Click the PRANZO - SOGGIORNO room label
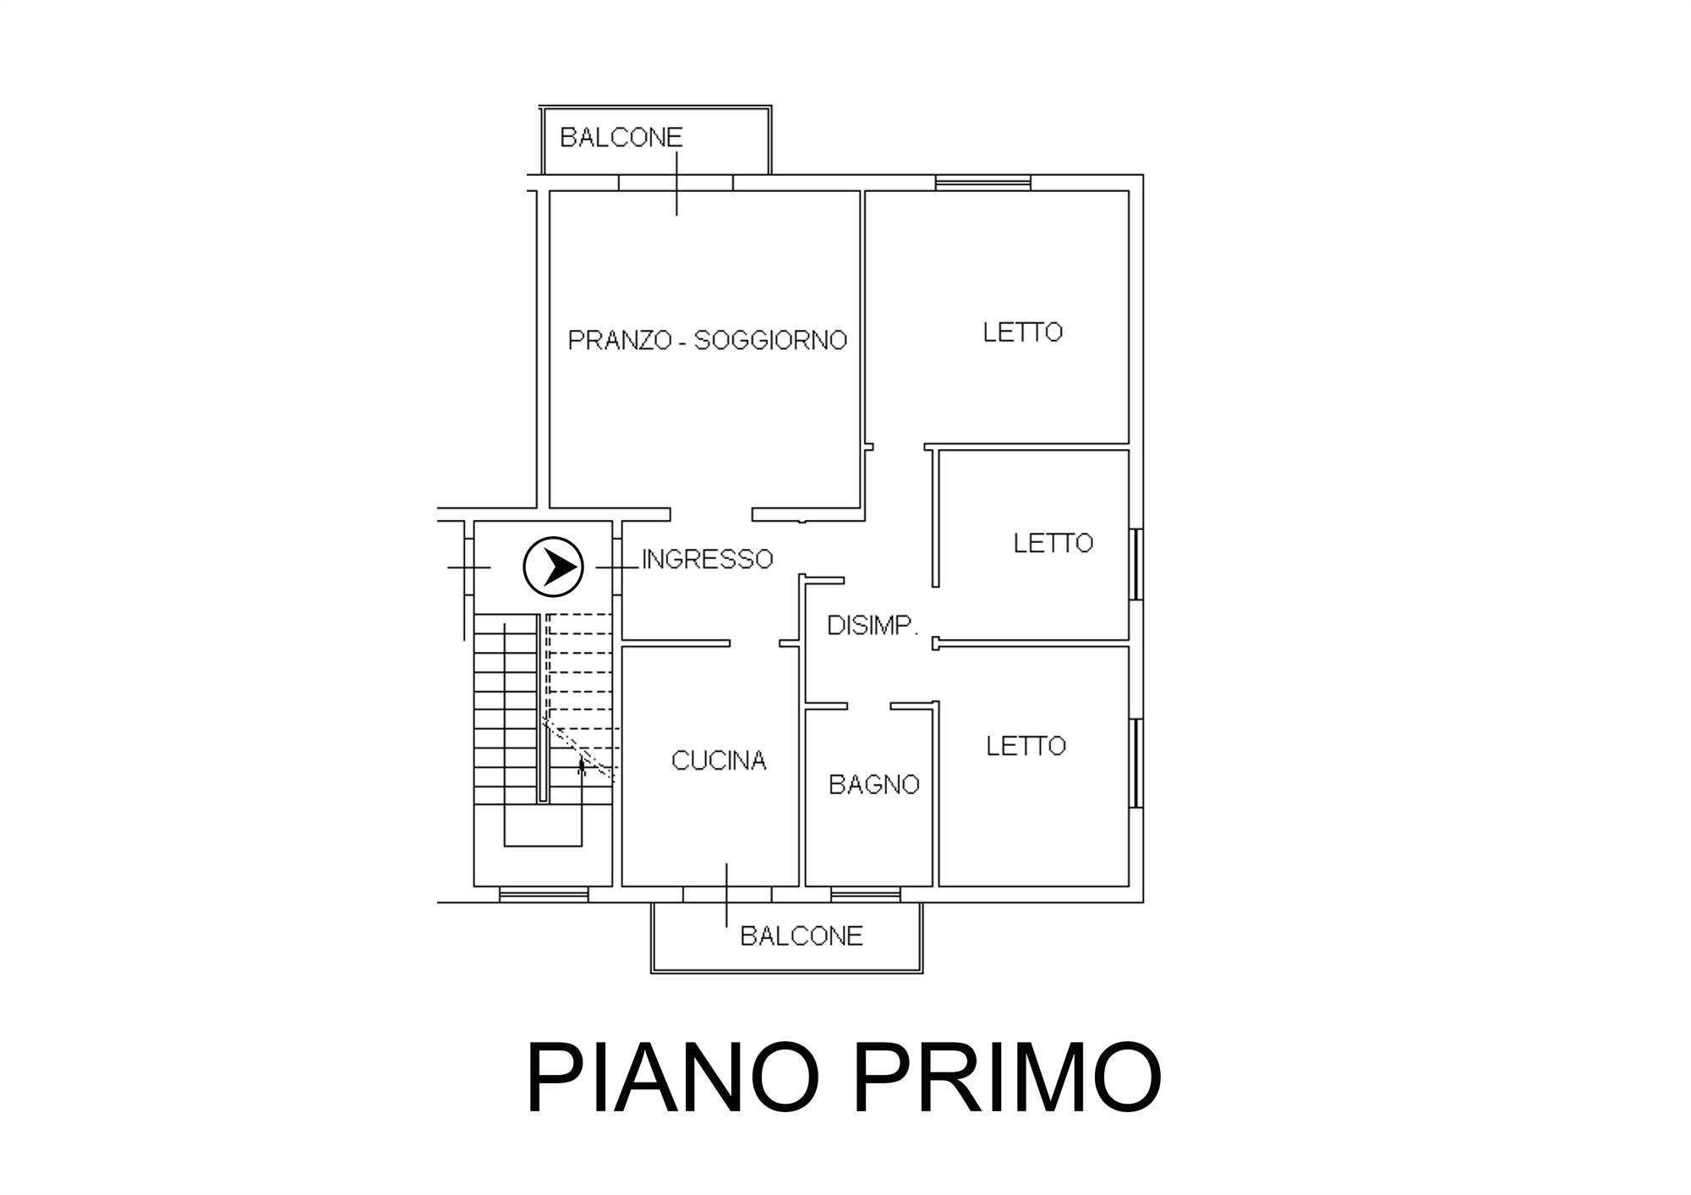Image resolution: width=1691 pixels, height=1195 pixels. [x=707, y=340]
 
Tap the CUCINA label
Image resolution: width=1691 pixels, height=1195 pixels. [x=719, y=761]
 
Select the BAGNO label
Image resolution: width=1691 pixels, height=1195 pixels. [x=873, y=785]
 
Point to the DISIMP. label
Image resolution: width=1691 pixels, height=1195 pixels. [x=873, y=626]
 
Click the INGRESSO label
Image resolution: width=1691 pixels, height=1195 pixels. [x=708, y=559]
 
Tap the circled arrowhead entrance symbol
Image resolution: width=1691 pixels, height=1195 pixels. [x=554, y=567]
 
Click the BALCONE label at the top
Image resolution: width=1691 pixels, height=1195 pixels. [x=621, y=137]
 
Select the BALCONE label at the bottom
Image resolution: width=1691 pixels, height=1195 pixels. [x=802, y=935]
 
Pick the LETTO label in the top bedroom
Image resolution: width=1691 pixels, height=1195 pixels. [x=1022, y=332]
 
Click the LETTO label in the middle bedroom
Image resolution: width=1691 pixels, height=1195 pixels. [x=1053, y=543]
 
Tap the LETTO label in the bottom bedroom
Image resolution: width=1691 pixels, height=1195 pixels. [x=1026, y=746]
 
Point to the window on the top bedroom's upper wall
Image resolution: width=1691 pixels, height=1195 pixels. [x=983, y=182]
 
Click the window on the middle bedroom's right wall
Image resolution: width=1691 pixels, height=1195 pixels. [x=1136, y=564]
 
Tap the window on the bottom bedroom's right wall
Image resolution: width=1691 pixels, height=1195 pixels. [x=1136, y=763]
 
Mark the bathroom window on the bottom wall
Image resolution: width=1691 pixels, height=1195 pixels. [x=866, y=894]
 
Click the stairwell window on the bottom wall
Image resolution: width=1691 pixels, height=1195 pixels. [x=543, y=894]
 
